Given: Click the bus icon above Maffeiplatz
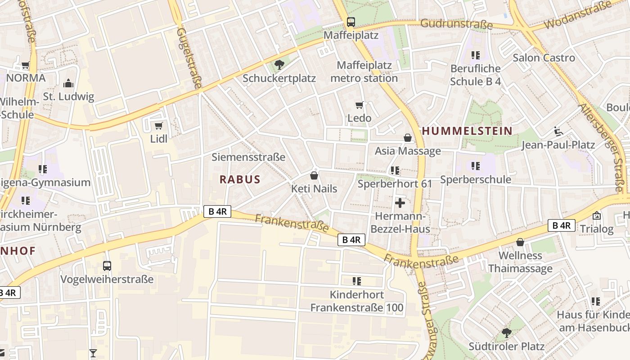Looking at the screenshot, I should [351, 22].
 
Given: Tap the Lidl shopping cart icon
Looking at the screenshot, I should [158, 126].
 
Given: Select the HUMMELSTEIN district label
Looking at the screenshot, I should [467, 131].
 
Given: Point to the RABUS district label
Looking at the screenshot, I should [240, 179].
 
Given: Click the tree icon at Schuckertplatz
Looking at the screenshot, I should [279, 65].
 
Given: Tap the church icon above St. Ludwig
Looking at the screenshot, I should [68, 83].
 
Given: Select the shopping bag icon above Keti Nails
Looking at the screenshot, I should [314, 175].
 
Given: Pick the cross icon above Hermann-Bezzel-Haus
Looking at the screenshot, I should [400, 203].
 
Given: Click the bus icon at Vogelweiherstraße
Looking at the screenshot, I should [107, 265].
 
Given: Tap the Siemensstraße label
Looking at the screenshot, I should [248, 157].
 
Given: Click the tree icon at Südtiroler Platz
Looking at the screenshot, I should [506, 333].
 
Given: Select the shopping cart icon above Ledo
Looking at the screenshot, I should [359, 105].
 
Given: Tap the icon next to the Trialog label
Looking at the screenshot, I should [597, 216].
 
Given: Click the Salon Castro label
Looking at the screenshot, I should [544, 58].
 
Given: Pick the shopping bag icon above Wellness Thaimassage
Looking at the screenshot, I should [520, 242].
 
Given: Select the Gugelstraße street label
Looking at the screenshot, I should [189, 58].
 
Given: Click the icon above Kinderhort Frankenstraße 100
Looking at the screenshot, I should [357, 281].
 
